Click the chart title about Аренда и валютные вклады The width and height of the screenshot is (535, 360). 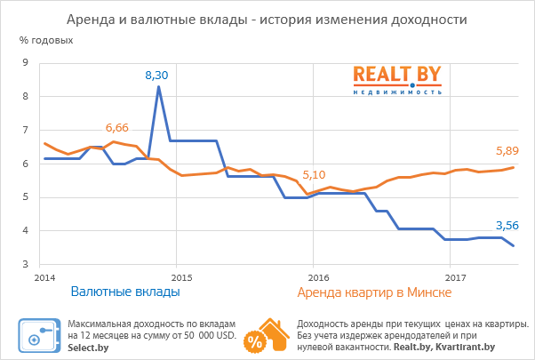(x=267, y=19)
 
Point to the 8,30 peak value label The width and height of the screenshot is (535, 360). (x=157, y=76)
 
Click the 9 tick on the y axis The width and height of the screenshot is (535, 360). (x=25, y=62)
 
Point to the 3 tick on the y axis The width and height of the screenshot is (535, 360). (x=25, y=264)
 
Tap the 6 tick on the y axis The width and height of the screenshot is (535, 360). (x=25, y=164)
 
